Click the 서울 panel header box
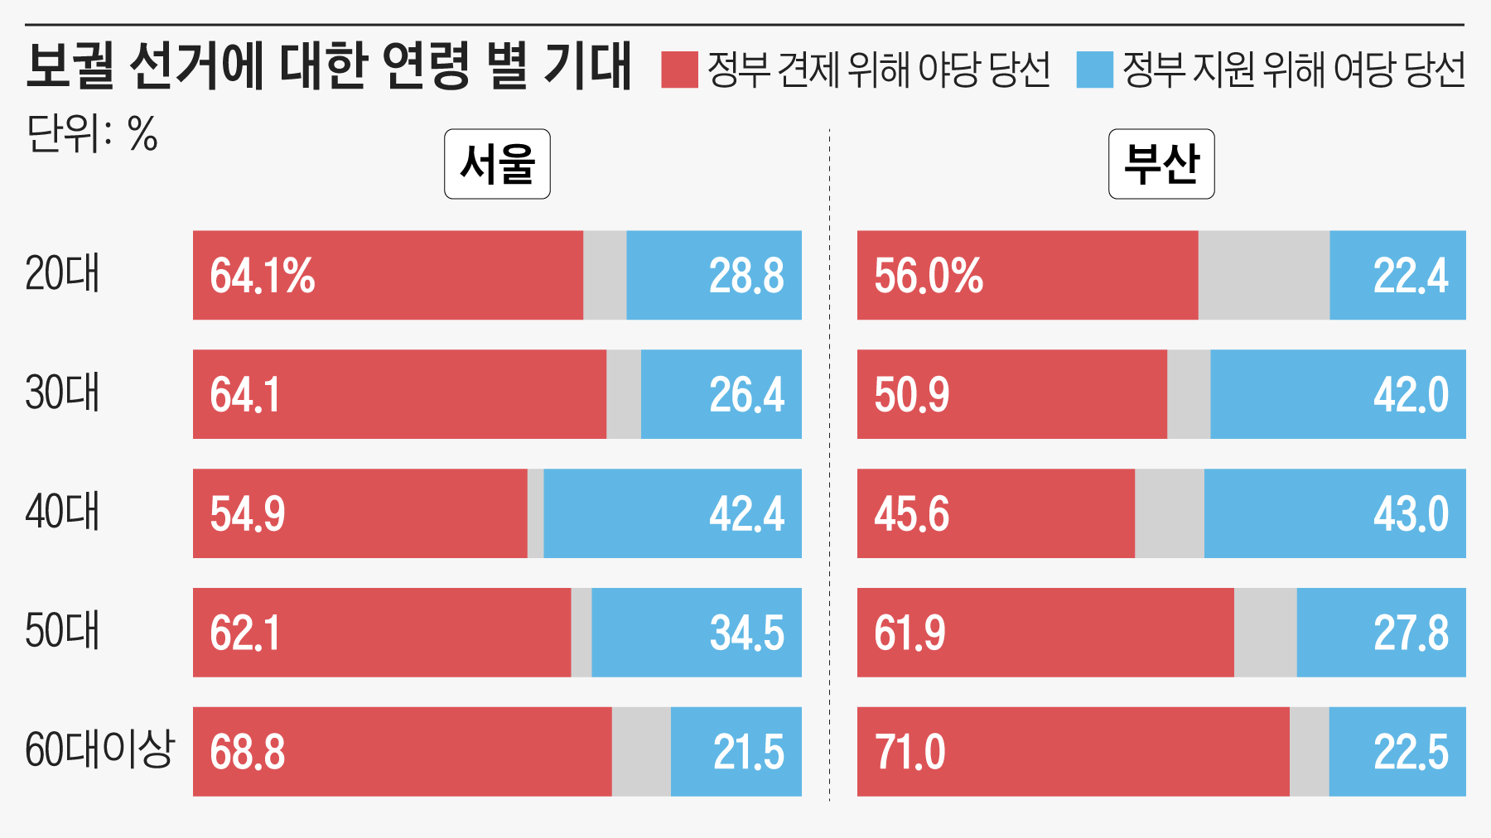click(497, 164)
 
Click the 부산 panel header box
click(1161, 164)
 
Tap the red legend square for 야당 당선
click(679, 70)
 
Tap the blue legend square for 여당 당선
click(1094, 70)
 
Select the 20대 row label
click(62, 274)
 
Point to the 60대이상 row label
click(99, 750)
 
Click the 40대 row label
click(62, 512)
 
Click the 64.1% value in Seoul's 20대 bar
click(263, 276)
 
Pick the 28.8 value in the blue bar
click(746, 276)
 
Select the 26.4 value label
click(746, 395)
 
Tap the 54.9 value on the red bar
click(248, 514)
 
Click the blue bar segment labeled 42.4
click(673, 513)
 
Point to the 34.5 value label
click(746, 633)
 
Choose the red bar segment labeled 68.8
click(403, 752)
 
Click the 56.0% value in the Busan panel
click(929, 276)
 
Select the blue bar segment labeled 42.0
click(1338, 394)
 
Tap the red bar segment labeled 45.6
click(996, 513)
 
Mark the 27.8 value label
click(1411, 633)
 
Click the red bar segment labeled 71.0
click(1074, 752)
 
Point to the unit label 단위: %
click(92, 133)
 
